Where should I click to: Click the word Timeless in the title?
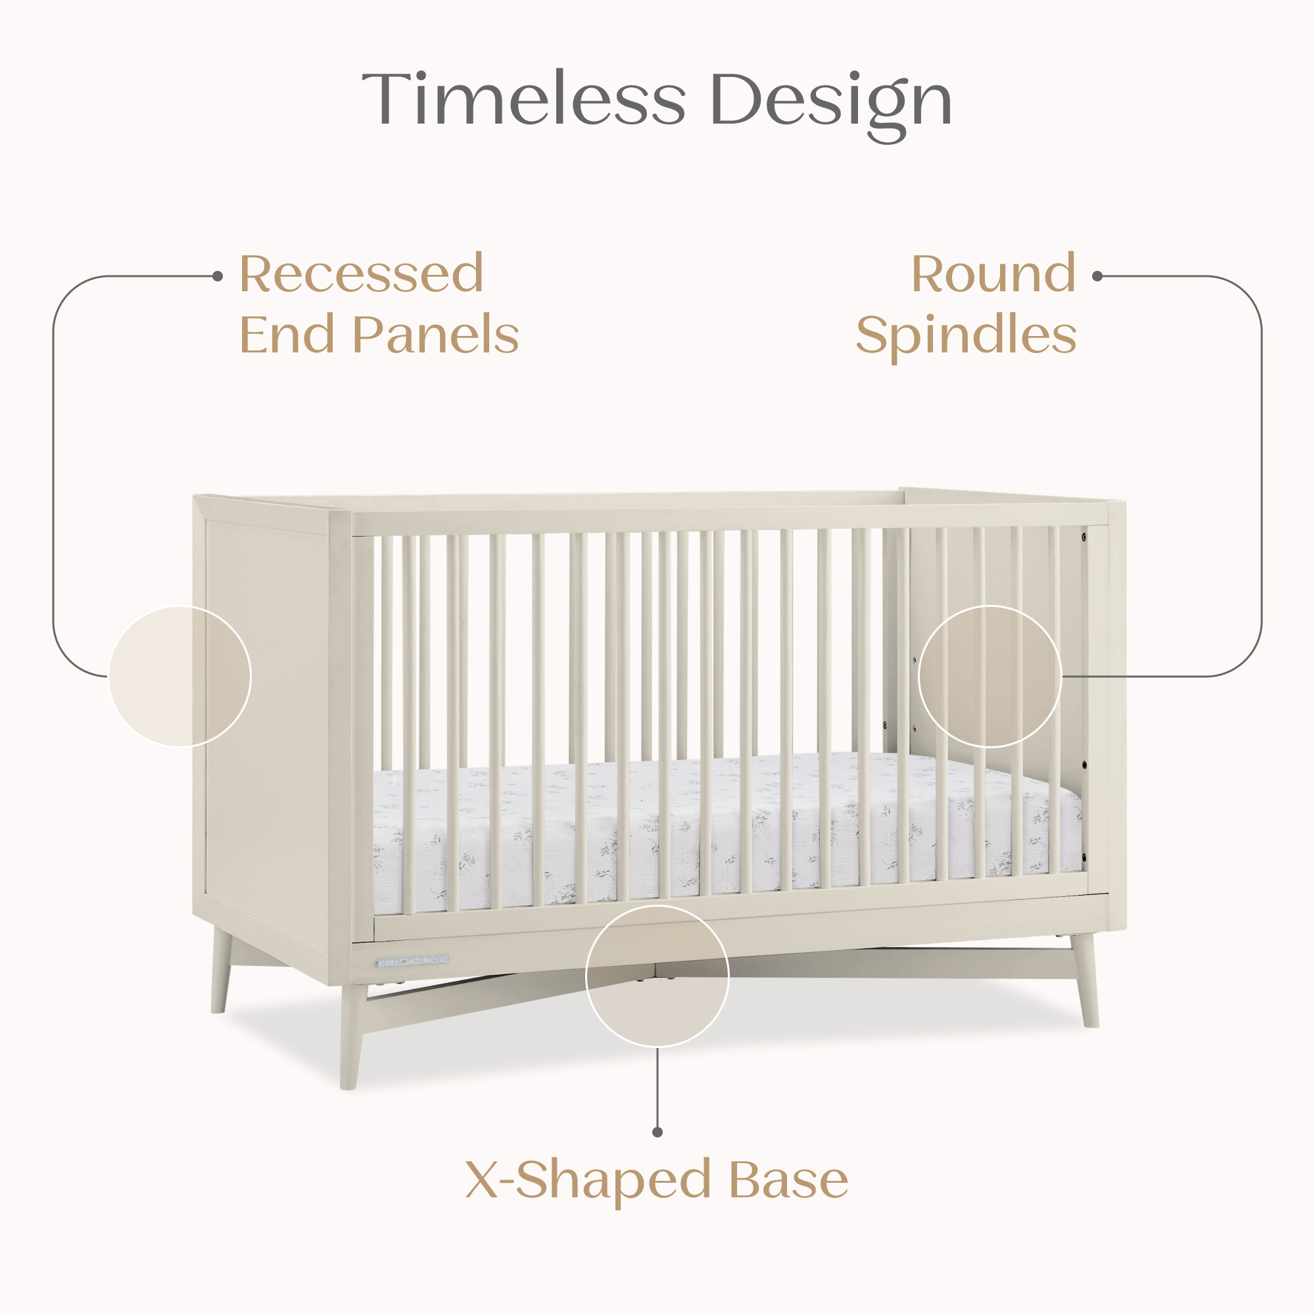[523, 99]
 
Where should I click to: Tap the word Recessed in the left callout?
[362, 274]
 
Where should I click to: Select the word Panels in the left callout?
[436, 335]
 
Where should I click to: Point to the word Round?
[993, 274]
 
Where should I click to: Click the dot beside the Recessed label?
[218, 276]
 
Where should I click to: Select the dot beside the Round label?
[1097, 276]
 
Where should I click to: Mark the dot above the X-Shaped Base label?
[657, 1132]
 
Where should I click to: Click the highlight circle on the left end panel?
[179, 676]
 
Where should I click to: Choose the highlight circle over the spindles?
[990, 676]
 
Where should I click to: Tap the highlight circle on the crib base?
[657, 975]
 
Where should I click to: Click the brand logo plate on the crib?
[413, 961]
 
